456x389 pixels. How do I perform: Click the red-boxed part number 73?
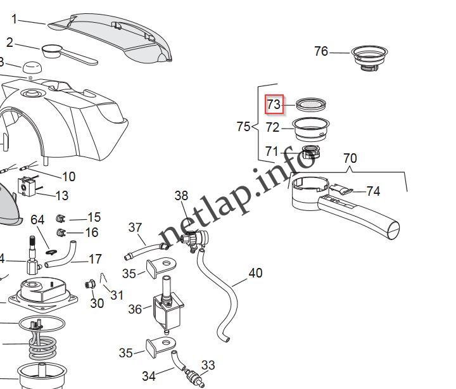[x=274, y=104]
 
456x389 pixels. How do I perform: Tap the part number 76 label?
[x=321, y=51]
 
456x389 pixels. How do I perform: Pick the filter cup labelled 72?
[x=311, y=129]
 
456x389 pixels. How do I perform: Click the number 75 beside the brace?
[x=243, y=127]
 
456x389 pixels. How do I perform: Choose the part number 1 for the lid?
[x=14, y=19]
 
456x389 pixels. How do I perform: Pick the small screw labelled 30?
[x=91, y=286]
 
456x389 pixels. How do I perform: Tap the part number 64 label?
[x=38, y=220]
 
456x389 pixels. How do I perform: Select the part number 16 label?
[x=92, y=233]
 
